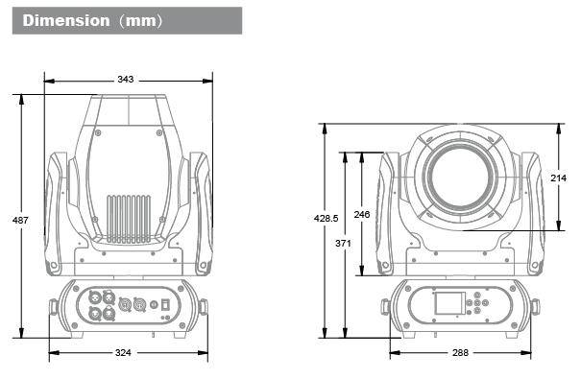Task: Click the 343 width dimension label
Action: click(x=125, y=80)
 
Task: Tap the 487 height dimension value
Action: click(x=20, y=221)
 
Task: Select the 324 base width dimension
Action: click(x=123, y=353)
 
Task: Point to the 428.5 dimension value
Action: click(x=327, y=219)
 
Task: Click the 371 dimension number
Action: click(x=343, y=243)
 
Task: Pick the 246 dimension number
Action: click(x=362, y=214)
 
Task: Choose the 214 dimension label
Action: click(x=558, y=178)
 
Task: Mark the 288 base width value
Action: click(x=460, y=353)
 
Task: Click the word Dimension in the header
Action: click(x=66, y=20)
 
